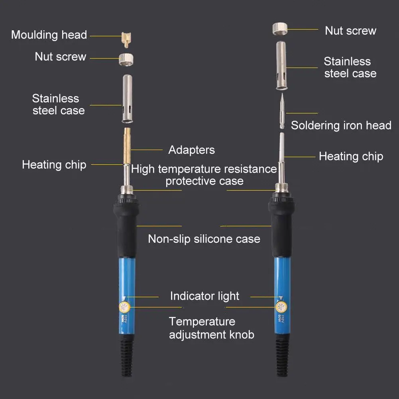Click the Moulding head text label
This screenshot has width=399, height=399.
pyautogui.click(x=49, y=35)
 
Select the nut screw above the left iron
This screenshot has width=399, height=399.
pyautogui.click(x=126, y=60)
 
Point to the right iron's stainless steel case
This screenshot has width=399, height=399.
pyautogui.click(x=283, y=66)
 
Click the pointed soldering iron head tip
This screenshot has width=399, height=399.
pyautogui.click(x=281, y=112)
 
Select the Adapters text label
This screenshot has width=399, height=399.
pyautogui.click(x=191, y=150)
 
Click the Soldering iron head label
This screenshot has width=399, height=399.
pyautogui.click(x=341, y=125)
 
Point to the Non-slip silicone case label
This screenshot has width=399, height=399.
pyautogui.click(x=204, y=239)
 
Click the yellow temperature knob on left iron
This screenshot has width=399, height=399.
pyautogui.click(x=124, y=307)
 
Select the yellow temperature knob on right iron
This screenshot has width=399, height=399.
pyautogui.click(x=280, y=307)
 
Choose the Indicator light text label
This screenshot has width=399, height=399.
pyautogui.click(x=204, y=296)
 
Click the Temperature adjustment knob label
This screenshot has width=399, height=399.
pyautogui.click(x=211, y=328)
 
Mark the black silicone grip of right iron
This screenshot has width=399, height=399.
pyautogui.click(x=281, y=227)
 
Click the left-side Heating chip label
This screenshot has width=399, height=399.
pyautogui.click(x=54, y=165)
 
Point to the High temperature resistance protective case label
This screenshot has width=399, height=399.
pyautogui.click(x=204, y=175)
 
